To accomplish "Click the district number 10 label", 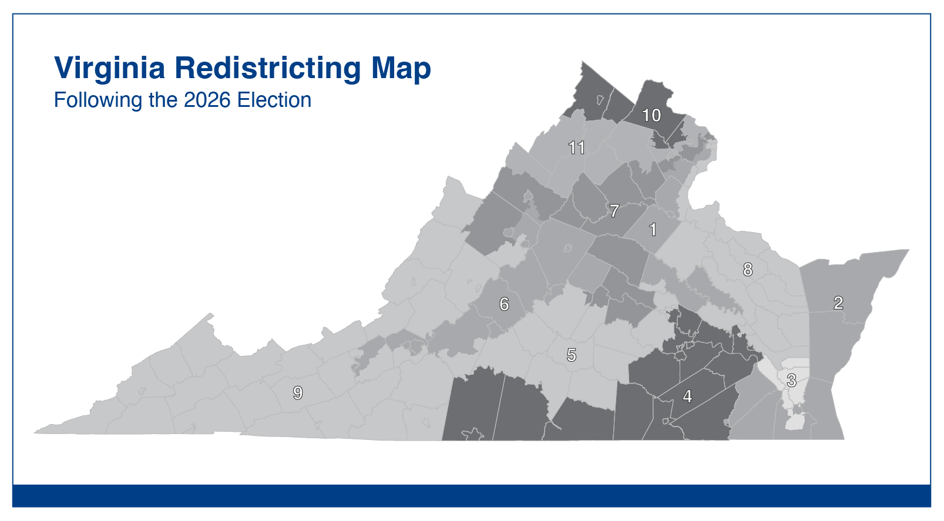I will (x=651, y=115).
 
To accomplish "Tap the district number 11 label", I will (x=576, y=147).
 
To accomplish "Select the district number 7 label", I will (x=614, y=210).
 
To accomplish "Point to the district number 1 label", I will (x=652, y=229).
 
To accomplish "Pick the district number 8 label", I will (x=747, y=270).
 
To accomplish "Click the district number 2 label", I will (x=838, y=302).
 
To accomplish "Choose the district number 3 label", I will (x=791, y=381).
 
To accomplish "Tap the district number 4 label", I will (x=687, y=396).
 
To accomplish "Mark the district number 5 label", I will (x=571, y=355).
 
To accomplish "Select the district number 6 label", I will (x=504, y=304).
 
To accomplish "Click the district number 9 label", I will (x=298, y=393).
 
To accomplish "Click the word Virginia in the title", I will (x=110, y=68).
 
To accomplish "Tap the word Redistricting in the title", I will (x=267, y=68).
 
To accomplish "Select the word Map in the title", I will (x=401, y=68).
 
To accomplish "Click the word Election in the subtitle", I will (x=274, y=100).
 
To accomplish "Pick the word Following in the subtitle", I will (x=98, y=100).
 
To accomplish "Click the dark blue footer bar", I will (x=472, y=496).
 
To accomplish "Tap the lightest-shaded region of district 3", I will (x=795, y=422).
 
